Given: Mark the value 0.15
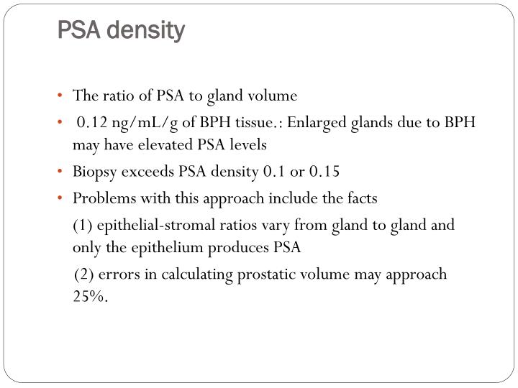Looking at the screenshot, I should (324, 172).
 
